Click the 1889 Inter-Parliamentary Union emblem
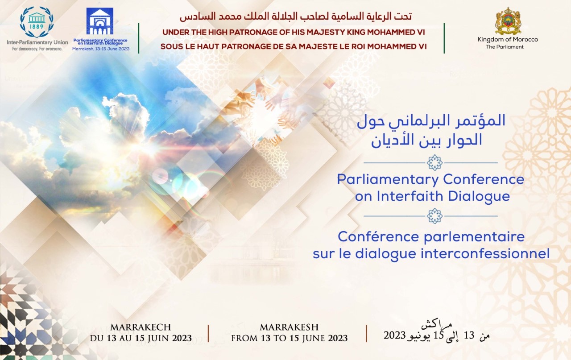click(37, 21)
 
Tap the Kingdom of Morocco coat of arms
click(508, 21)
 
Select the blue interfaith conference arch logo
click(100, 21)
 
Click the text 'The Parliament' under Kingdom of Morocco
click(505, 47)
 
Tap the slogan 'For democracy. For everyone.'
click(34, 49)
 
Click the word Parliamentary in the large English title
click(382, 179)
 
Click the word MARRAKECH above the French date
click(141, 327)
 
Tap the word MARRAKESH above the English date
click(289, 327)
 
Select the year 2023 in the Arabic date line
click(394, 335)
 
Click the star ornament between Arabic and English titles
click(434, 162)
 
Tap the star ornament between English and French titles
click(434, 216)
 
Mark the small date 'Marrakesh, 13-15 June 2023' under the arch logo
click(101, 48)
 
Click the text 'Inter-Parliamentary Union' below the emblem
click(37, 42)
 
